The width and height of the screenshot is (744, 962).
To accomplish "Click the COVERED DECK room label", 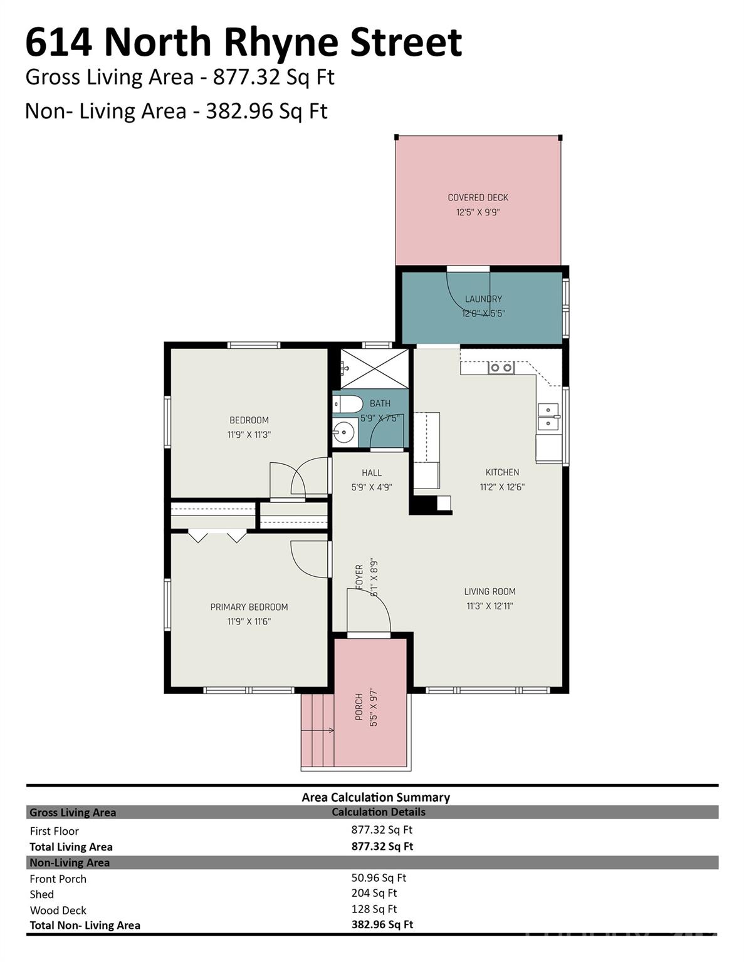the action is point(478,197).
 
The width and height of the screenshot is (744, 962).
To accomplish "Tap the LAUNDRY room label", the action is point(483,299).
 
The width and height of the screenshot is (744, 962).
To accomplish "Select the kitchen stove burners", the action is point(501,368).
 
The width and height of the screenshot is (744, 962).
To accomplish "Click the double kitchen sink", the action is point(548,416).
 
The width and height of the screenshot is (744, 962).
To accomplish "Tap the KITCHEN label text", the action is point(502,472).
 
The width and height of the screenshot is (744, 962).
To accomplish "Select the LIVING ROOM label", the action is point(490,591).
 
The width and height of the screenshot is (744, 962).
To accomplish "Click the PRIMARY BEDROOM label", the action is point(249,607).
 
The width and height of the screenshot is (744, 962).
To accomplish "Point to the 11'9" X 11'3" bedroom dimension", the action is point(249,435).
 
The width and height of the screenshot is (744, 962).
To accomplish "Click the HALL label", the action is point(372,472).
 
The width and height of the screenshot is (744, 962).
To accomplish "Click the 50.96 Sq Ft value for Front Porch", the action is point(379,877).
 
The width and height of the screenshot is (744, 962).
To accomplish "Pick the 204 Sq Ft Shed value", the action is point(374,893).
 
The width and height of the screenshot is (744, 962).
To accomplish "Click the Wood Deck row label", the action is point(58,910).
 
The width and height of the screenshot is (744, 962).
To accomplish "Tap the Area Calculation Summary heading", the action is point(376,797).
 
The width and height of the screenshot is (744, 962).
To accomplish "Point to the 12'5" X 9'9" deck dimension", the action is point(478,212).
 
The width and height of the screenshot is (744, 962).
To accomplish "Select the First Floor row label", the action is point(54,831).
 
